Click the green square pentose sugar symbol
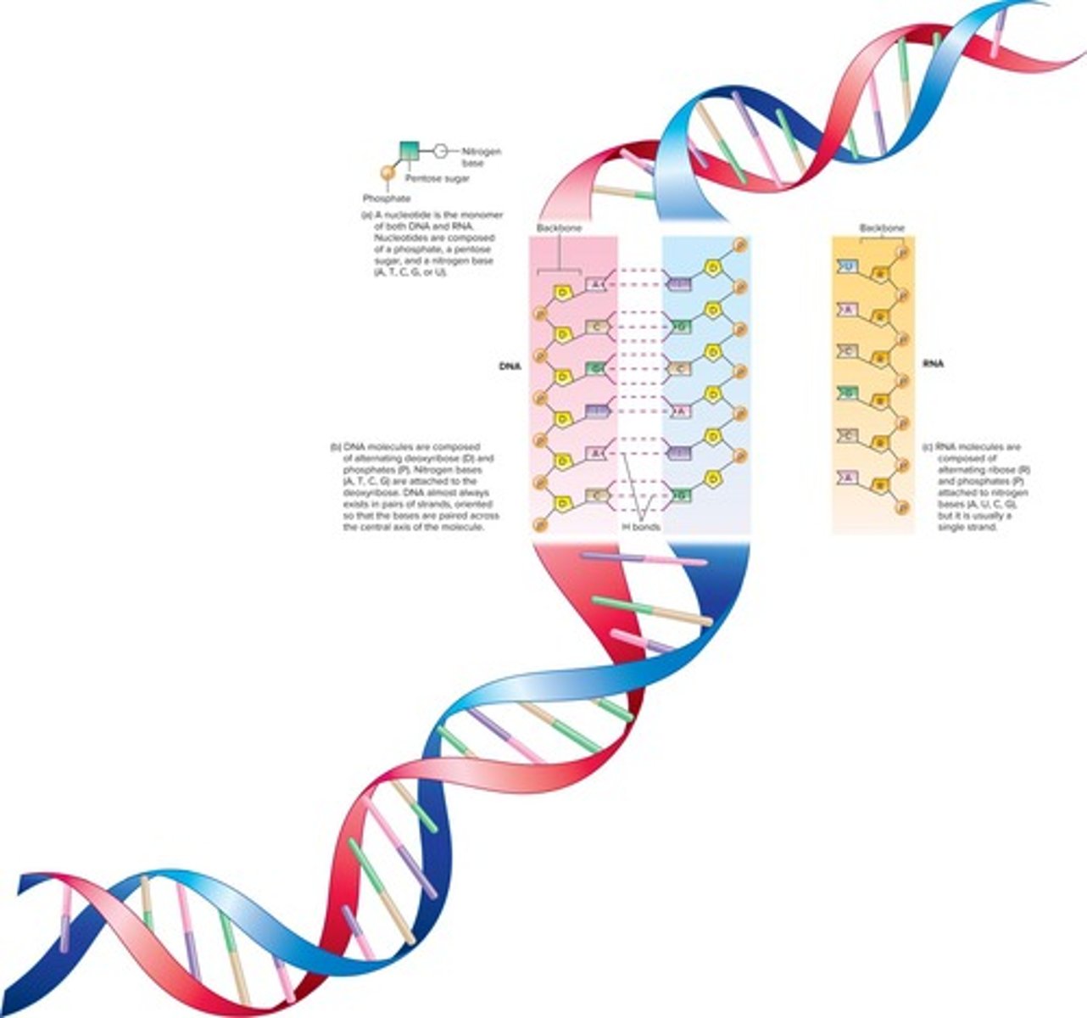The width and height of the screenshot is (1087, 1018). point(410,151)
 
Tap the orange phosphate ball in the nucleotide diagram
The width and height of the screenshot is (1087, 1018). point(387,173)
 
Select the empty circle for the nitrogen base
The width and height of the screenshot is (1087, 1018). point(439,151)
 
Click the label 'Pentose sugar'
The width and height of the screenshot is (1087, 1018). point(437,179)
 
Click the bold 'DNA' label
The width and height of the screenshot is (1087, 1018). point(510,366)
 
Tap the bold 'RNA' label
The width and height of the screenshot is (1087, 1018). point(933,366)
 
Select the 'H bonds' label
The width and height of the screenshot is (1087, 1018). point(641,527)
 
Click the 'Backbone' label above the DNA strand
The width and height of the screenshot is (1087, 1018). point(559,228)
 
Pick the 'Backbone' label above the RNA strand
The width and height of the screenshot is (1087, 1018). point(881,228)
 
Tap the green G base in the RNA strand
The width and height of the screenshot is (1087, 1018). point(847,393)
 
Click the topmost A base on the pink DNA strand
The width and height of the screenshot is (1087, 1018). point(596,284)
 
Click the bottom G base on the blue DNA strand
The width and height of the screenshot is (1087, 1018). point(681,495)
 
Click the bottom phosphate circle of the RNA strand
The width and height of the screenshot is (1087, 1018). point(902,507)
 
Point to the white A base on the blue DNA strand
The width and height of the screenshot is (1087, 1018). point(681,411)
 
